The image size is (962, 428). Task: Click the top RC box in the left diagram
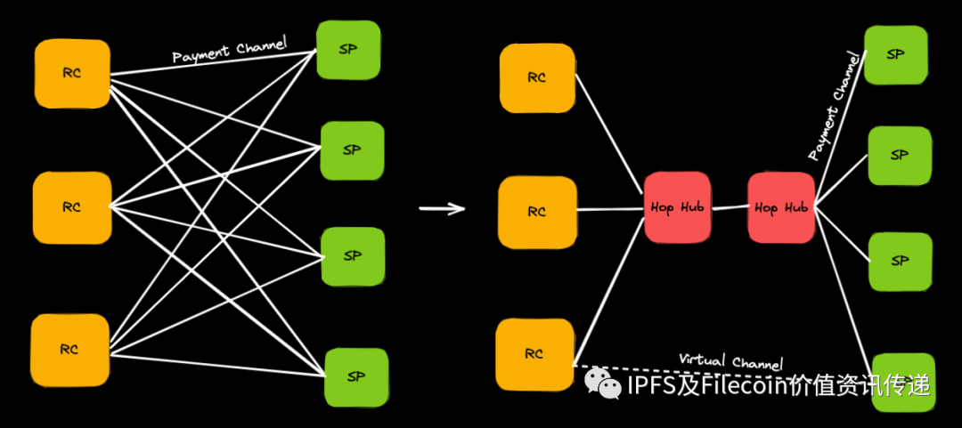[72, 74]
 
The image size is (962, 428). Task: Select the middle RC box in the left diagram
[72, 207]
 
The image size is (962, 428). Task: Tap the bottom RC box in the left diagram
[70, 350]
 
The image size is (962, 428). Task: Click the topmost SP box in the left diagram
[348, 50]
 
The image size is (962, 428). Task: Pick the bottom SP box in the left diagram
[356, 377]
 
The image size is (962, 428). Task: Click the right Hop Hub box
[781, 207]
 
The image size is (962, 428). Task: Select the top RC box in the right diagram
[536, 77]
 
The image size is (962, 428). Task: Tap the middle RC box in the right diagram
[536, 212]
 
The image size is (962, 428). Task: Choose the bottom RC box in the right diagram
[534, 353]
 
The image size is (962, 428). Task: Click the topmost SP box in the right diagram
[896, 53]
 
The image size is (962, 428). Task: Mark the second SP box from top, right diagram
[900, 155]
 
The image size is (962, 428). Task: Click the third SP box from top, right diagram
[900, 261]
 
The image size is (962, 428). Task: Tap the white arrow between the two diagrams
[443, 209]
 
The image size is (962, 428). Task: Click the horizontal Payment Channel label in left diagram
[229, 51]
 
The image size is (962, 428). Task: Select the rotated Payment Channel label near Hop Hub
[836, 106]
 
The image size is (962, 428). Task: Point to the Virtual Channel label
[731, 361]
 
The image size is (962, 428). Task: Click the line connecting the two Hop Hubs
[730, 208]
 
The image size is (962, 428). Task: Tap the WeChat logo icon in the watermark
[604, 384]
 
